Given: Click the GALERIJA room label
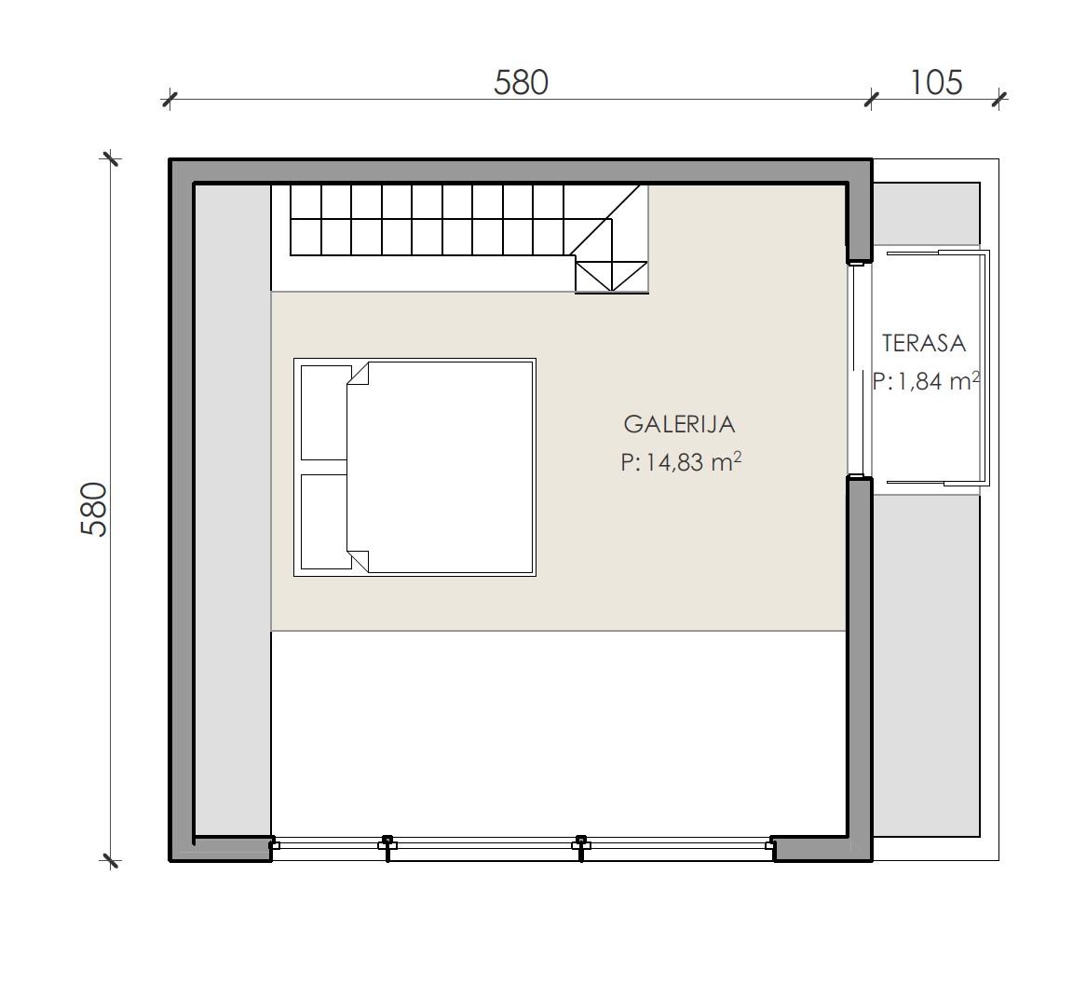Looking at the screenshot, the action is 679,424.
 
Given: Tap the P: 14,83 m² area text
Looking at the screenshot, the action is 681,462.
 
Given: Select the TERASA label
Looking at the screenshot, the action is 924,343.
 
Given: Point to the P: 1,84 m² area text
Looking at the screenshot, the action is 926,380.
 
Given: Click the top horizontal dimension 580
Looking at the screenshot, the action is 521,82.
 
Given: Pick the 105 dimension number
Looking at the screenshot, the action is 935,82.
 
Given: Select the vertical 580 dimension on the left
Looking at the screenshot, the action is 94,509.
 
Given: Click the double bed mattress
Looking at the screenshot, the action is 440,468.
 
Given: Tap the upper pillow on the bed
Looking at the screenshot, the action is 324,413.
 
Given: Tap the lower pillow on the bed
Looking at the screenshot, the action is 324,522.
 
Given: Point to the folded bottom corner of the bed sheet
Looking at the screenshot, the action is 359,561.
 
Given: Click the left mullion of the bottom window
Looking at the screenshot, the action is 387,847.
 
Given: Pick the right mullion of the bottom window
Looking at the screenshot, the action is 581,847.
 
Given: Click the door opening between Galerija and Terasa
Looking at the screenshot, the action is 860,370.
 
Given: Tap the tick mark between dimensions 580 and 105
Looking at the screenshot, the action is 871,100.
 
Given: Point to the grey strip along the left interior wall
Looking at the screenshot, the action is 234,510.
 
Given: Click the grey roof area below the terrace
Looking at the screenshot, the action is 927,665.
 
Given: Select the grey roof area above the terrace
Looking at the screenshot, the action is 927,213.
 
